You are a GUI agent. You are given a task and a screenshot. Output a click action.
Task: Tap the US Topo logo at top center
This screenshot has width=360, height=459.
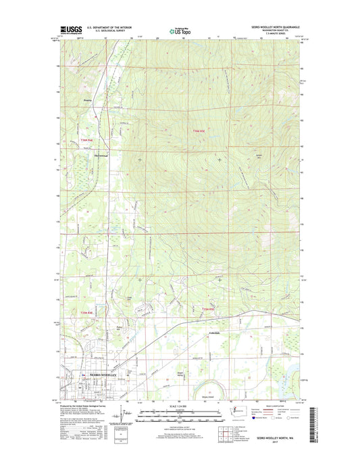pyautogui.click(x=175, y=29)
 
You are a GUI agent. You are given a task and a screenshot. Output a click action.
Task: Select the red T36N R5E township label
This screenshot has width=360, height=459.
pyautogui.click(x=197, y=131)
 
